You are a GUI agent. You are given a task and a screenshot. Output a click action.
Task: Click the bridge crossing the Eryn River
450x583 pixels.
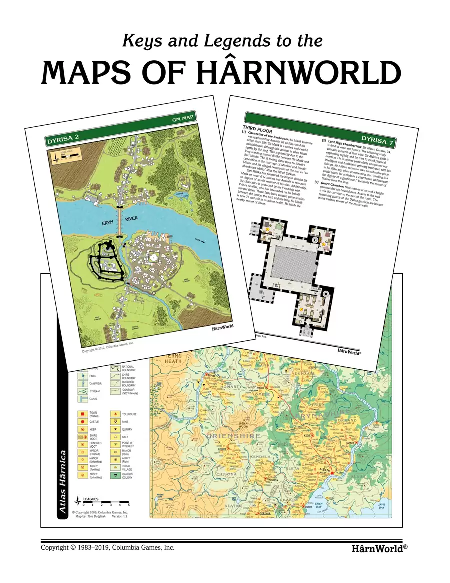(x=120, y=221)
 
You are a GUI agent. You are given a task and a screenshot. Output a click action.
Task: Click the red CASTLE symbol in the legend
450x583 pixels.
(x=81, y=422)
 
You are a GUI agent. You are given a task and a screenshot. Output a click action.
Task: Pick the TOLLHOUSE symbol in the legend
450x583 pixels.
(x=116, y=414)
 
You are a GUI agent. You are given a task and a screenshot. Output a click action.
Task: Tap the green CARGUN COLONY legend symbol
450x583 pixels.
(x=116, y=475)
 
